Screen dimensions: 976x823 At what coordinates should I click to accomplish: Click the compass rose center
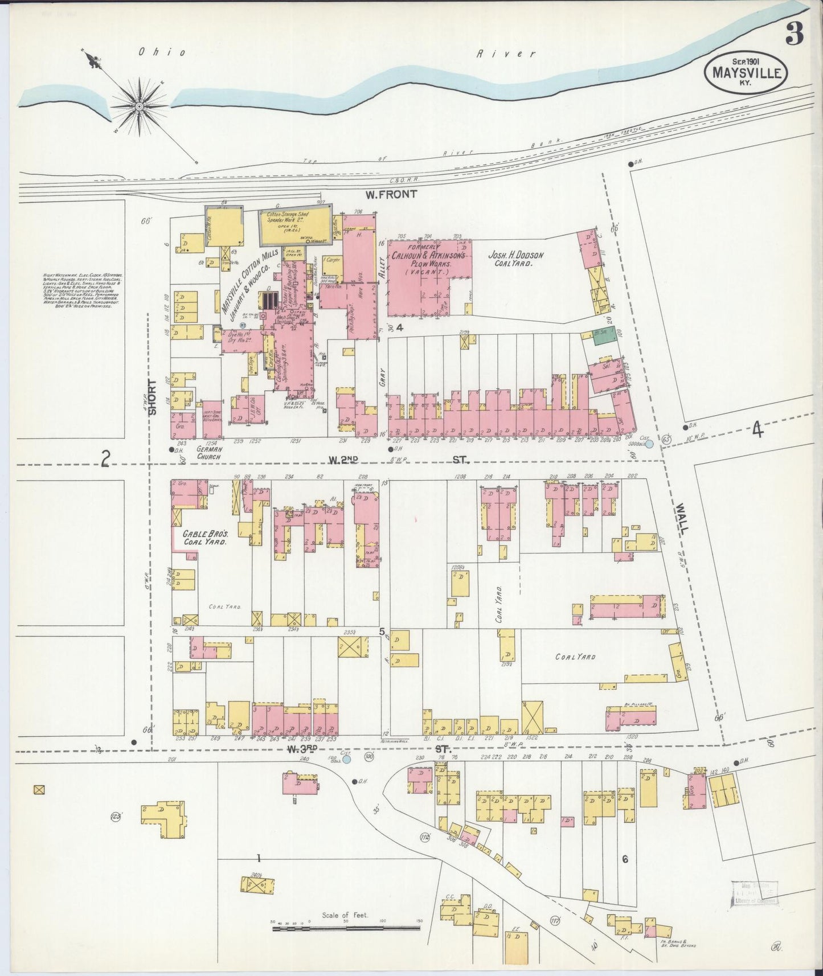tap(138, 106)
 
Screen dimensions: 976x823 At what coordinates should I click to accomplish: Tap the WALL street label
tap(682, 518)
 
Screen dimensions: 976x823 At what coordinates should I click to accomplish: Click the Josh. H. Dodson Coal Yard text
tap(515, 260)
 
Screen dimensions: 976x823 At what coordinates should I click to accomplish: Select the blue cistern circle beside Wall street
tap(649, 443)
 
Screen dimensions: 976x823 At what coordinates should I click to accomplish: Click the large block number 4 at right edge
tap(757, 431)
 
